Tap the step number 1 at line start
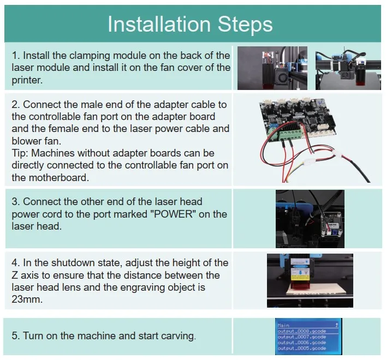[x=15, y=56]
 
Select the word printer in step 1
[x=27, y=80]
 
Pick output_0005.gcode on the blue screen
[x=301, y=347]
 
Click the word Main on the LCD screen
[x=284, y=325]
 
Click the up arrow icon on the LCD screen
[x=336, y=325]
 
